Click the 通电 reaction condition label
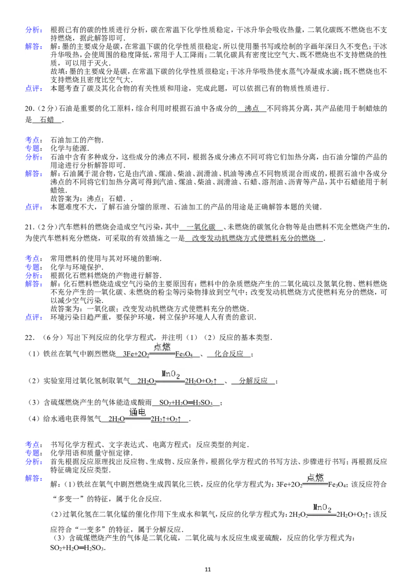(138, 412)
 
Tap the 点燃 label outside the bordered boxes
(163, 347)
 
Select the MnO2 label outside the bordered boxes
(170, 375)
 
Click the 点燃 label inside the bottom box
(315, 478)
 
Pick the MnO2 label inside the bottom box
(322, 508)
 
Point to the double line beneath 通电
(138, 419)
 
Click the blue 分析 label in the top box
(34, 30)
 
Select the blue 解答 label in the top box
(34, 47)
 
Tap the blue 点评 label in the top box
(34, 88)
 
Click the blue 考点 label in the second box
(34, 139)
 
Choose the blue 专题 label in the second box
(34, 148)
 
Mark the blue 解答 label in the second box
(34, 174)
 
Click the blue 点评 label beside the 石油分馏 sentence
(34, 207)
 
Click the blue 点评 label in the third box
(34, 316)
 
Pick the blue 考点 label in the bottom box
(34, 445)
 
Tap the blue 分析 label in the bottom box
(34, 462)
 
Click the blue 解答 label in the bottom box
(34, 479)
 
